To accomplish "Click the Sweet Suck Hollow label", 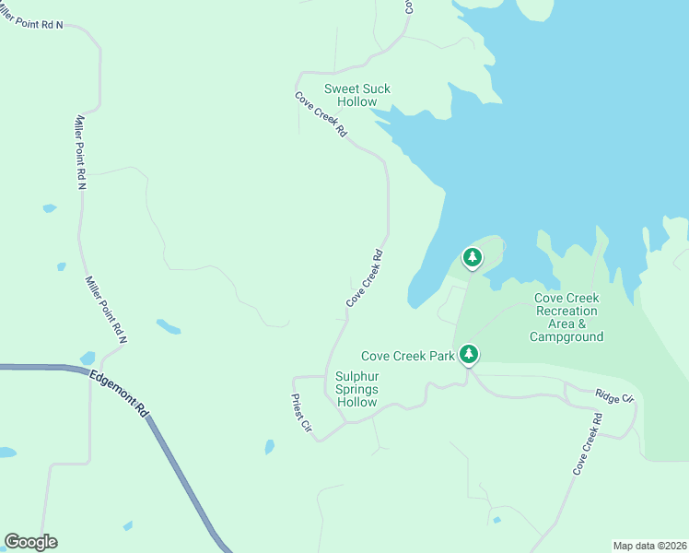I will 356,95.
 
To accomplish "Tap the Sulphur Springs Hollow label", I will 356,389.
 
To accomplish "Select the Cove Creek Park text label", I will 407,356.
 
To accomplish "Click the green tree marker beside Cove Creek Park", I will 469,354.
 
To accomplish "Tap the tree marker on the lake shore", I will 473,257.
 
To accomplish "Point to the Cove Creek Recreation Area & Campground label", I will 566,317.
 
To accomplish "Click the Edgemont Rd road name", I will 119,394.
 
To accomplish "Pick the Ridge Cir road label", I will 614,397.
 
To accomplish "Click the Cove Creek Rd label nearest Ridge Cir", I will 587,444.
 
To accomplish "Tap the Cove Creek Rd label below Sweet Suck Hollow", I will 321,114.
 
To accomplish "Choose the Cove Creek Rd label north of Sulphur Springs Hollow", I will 364,278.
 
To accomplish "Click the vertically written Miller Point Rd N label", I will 80,152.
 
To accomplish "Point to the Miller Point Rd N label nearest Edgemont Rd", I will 106,309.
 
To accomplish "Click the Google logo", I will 30,542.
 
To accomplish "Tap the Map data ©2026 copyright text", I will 649,546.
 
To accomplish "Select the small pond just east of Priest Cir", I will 269,447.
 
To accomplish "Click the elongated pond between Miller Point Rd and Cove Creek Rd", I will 169,326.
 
